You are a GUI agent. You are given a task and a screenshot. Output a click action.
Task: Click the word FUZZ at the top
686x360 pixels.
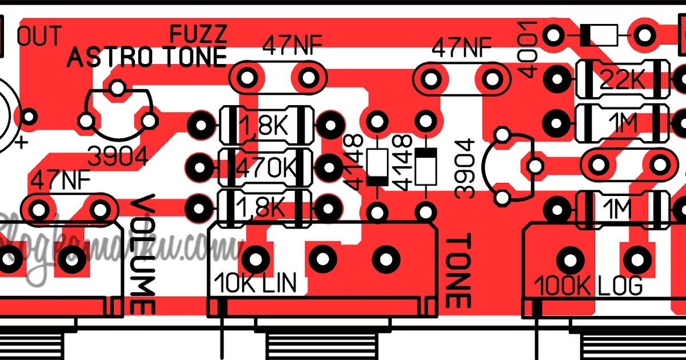point(199,34)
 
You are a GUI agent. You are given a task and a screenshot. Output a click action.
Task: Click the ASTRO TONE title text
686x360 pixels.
point(147,57)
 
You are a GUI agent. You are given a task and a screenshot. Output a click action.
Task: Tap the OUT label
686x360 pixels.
point(39,36)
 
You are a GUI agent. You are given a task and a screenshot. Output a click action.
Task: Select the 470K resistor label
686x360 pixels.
point(267,167)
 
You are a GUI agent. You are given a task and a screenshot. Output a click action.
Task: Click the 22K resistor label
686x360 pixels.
point(623,82)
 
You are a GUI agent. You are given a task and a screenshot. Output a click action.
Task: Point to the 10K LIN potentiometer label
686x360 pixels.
point(256,284)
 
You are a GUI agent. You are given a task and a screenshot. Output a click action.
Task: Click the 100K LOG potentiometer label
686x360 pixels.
point(589,284)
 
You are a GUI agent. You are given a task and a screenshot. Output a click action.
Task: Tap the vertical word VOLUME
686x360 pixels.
point(143,254)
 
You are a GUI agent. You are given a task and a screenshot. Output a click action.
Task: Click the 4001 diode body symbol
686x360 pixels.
point(599,35)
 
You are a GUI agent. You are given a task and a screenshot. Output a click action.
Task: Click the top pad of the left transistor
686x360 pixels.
point(117,87)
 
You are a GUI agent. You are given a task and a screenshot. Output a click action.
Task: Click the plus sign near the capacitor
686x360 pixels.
point(22,142)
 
